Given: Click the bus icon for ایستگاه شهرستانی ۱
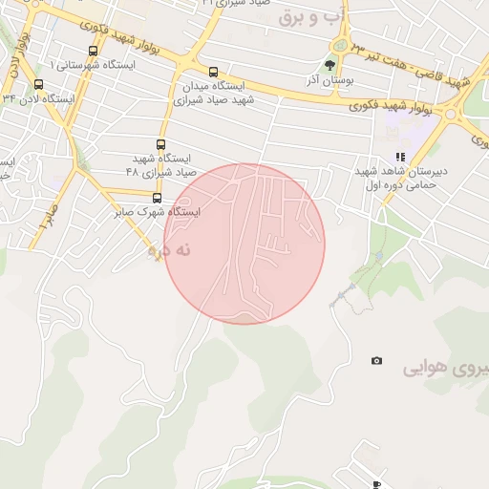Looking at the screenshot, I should tap(92, 53).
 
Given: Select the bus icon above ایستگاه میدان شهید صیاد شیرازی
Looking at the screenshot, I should tap(212, 72).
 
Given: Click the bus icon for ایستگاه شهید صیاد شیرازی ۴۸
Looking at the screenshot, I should tap(159, 145).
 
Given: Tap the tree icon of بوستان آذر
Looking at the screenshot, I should tap(330, 65).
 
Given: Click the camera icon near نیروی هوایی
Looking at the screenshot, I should tap(376, 360).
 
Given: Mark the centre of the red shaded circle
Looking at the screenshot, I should tap(244, 244).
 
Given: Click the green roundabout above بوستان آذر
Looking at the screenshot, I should tap(338, 45).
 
